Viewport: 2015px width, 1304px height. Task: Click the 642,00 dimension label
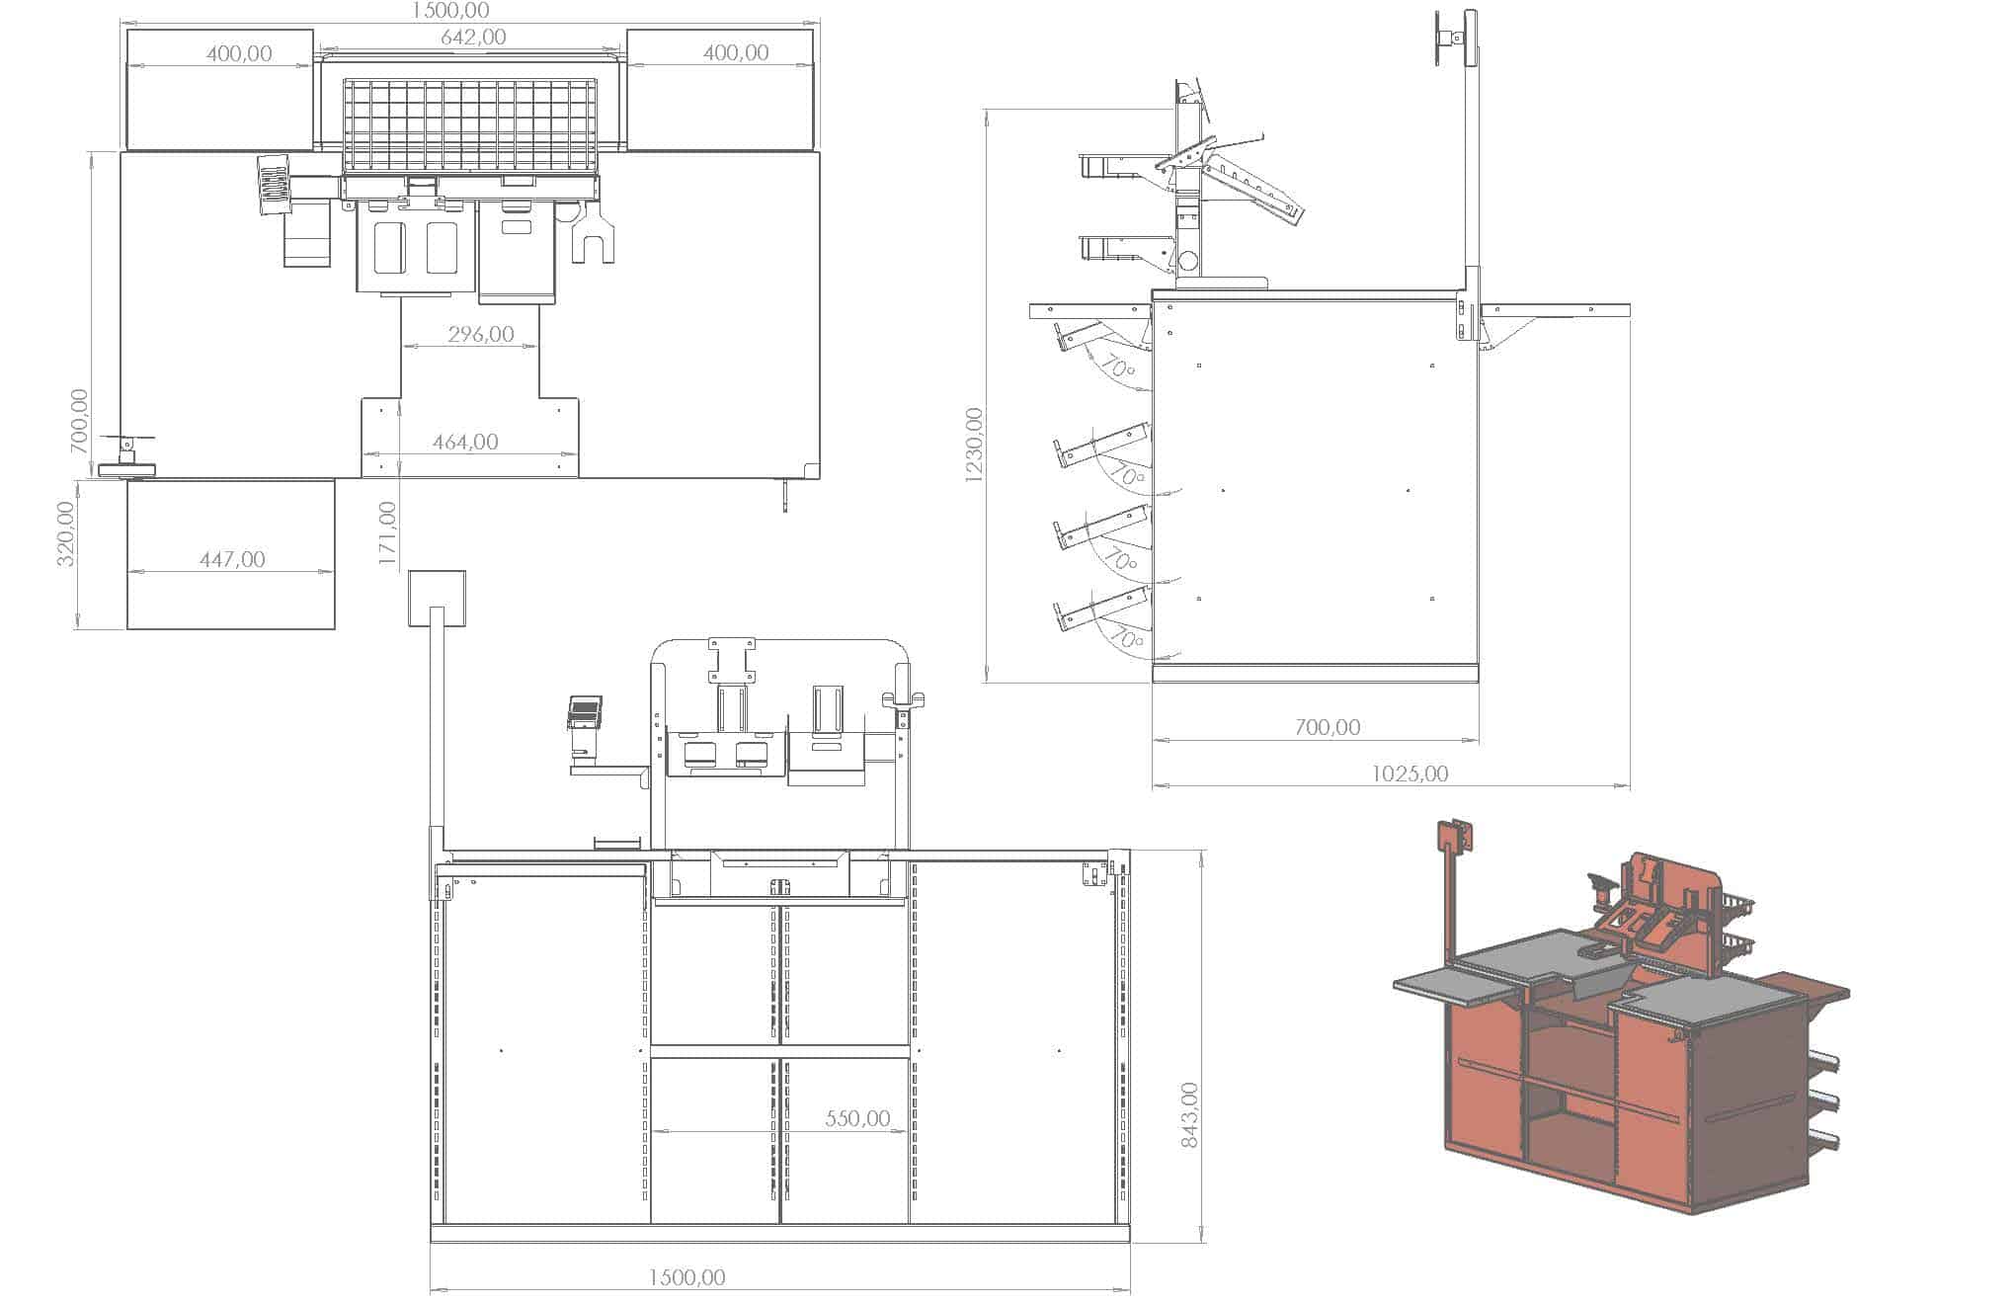pyautogui.click(x=472, y=38)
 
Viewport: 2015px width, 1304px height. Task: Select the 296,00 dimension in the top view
pyautogui.click(x=481, y=335)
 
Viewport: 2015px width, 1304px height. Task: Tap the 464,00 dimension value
pyautogui.click(x=465, y=443)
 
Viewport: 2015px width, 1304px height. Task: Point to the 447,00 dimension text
pyautogui.click(x=232, y=560)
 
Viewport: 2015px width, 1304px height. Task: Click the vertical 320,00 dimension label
pyautogui.click(x=65, y=533)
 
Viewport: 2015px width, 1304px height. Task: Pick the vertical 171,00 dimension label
pyautogui.click(x=387, y=533)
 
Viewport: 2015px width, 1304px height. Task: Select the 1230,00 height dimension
pyautogui.click(x=974, y=445)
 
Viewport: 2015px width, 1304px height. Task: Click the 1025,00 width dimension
pyautogui.click(x=1410, y=774)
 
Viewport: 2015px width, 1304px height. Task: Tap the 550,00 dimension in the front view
pyautogui.click(x=857, y=1118)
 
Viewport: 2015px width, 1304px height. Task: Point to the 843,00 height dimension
pyautogui.click(x=1189, y=1115)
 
